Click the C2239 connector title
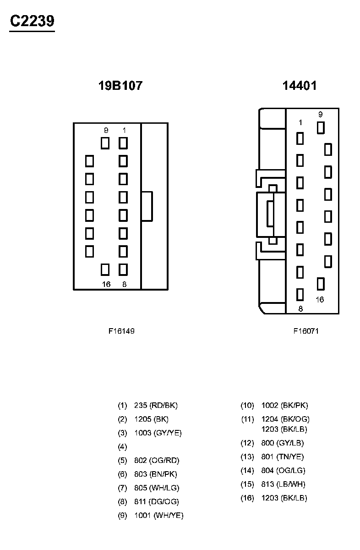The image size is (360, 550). (32, 21)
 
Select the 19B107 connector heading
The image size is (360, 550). (120, 86)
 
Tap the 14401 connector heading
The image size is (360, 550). (300, 86)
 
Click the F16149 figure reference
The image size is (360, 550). (121, 331)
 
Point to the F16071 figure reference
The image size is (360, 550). (306, 331)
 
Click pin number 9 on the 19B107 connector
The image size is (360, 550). (106, 130)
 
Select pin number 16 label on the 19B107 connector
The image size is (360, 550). (106, 284)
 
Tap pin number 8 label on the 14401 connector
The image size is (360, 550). (300, 309)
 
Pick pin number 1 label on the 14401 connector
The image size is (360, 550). (300, 122)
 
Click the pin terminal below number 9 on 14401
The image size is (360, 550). (321, 128)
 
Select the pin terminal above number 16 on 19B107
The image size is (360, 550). (105, 269)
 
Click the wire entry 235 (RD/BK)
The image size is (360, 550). (156, 405)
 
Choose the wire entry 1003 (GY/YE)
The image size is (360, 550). (158, 433)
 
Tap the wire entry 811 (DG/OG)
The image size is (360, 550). (157, 501)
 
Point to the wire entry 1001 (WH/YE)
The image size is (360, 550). (158, 515)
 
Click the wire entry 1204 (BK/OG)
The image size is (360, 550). (285, 419)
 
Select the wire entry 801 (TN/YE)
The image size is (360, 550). (282, 456)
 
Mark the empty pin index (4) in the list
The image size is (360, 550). (122, 446)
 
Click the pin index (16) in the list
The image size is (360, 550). (247, 498)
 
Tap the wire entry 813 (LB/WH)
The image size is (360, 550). (283, 484)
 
